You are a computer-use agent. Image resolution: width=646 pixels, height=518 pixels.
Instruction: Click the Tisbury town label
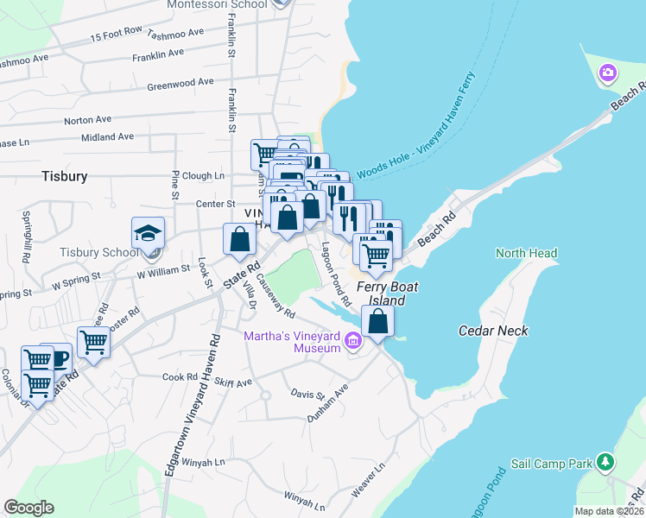65,176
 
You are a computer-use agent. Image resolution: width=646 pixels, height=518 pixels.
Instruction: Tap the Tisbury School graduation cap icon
148,234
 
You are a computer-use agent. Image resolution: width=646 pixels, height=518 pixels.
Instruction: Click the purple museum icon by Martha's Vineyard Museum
352,342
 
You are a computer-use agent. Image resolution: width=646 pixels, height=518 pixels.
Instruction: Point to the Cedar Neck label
493,331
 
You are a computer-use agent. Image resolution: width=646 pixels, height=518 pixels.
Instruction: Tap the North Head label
526,253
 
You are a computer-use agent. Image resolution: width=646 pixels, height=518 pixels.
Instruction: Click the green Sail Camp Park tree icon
607,464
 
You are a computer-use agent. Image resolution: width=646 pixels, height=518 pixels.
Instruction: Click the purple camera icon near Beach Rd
608,73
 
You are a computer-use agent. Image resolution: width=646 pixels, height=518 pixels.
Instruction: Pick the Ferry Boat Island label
381,294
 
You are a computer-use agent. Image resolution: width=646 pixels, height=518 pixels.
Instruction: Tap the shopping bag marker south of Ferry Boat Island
378,321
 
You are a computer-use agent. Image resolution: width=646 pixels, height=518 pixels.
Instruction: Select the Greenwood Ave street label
180,83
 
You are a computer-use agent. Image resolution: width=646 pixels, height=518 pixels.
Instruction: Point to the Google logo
28,509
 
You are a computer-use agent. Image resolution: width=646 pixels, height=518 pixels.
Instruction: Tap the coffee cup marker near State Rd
56,358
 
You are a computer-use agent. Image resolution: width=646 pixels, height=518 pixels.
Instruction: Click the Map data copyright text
610,511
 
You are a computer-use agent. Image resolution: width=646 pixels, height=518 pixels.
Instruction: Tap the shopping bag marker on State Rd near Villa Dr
240,239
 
